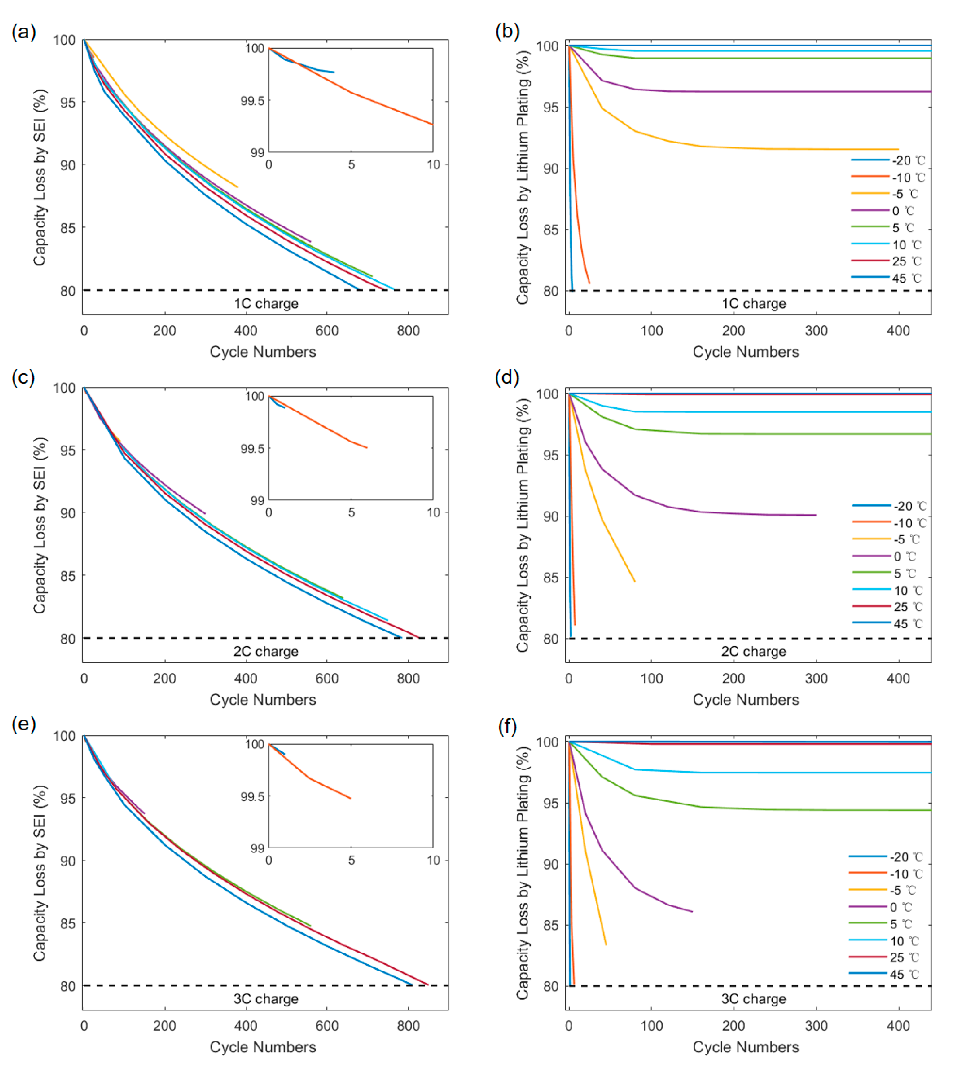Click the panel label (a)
pos(24,32)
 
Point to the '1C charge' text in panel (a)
pos(266,304)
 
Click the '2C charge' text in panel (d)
pos(753,651)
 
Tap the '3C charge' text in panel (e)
pos(266,999)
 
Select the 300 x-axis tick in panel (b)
pos(816,331)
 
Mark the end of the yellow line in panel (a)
pos(237,187)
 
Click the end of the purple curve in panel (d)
pos(816,515)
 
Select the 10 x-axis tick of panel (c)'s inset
pos(433,512)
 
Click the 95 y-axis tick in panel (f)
pos(551,804)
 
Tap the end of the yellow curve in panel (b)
pos(898,149)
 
